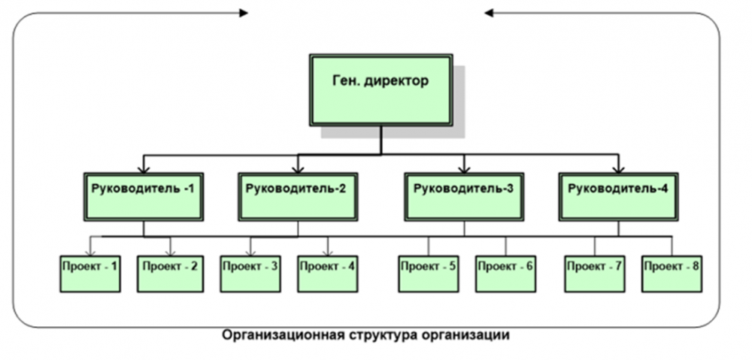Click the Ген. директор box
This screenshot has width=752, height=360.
(x=381, y=89)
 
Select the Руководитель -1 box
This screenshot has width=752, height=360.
(x=143, y=196)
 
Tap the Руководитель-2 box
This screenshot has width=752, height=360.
(x=297, y=196)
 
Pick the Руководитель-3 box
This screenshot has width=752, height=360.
(x=464, y=196)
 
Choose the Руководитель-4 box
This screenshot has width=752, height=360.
(x=618, y=196)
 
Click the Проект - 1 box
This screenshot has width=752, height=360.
(x=90, y=274)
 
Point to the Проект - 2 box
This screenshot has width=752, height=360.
(x=170, y=274)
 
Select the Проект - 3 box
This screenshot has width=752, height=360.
(x=250, y=274)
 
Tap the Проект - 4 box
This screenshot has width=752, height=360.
(x=328, y=274)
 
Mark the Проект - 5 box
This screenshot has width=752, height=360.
(x=429, y=274)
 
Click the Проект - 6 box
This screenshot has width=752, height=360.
(x=505, y=274)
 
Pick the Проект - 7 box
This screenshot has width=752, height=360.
(x=595, y=274)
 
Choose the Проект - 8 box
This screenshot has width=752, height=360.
(x=672, y=274)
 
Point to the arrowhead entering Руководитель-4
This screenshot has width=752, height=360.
(x=618, y=167)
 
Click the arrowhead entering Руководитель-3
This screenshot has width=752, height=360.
(x=464, y=167)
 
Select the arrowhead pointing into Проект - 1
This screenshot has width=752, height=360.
(x=90, y=251)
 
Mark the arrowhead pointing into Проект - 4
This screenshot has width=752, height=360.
(x=328, y=251)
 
